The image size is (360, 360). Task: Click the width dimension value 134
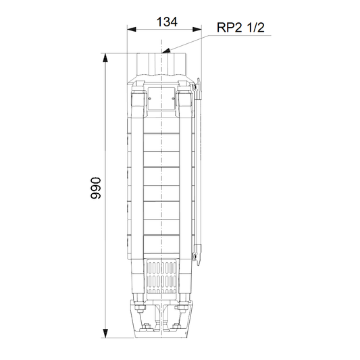click(x=167, y=22)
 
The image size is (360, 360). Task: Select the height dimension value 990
click(x=95, y=188)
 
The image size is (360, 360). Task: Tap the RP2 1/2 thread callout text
click(x=240, y=27)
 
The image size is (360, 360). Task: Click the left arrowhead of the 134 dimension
click(x=132, y=30)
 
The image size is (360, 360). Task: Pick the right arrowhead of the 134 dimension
click(x=197, y=30)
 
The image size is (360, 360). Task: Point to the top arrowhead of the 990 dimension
click(x=105, y=58)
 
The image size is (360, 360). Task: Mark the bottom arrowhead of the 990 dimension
click(x=105, y=334)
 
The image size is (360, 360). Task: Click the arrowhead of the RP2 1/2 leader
click(x=165, y=51)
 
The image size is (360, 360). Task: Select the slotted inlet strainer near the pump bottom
click(x=161, y=276)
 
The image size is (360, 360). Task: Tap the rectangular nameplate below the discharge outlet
click(x=161, y=99)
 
